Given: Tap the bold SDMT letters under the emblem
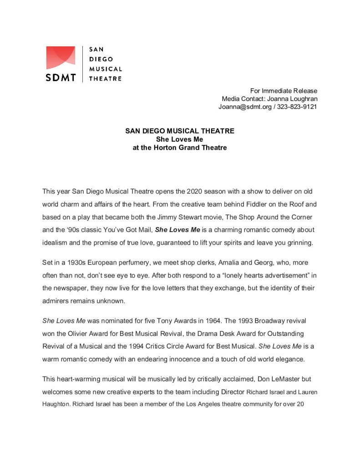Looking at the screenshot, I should [61, 77].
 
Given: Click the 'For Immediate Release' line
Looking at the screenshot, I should [284, 91].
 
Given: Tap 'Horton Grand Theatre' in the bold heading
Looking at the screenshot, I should [188, 148].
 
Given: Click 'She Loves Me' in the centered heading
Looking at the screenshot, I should [180, 139].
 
